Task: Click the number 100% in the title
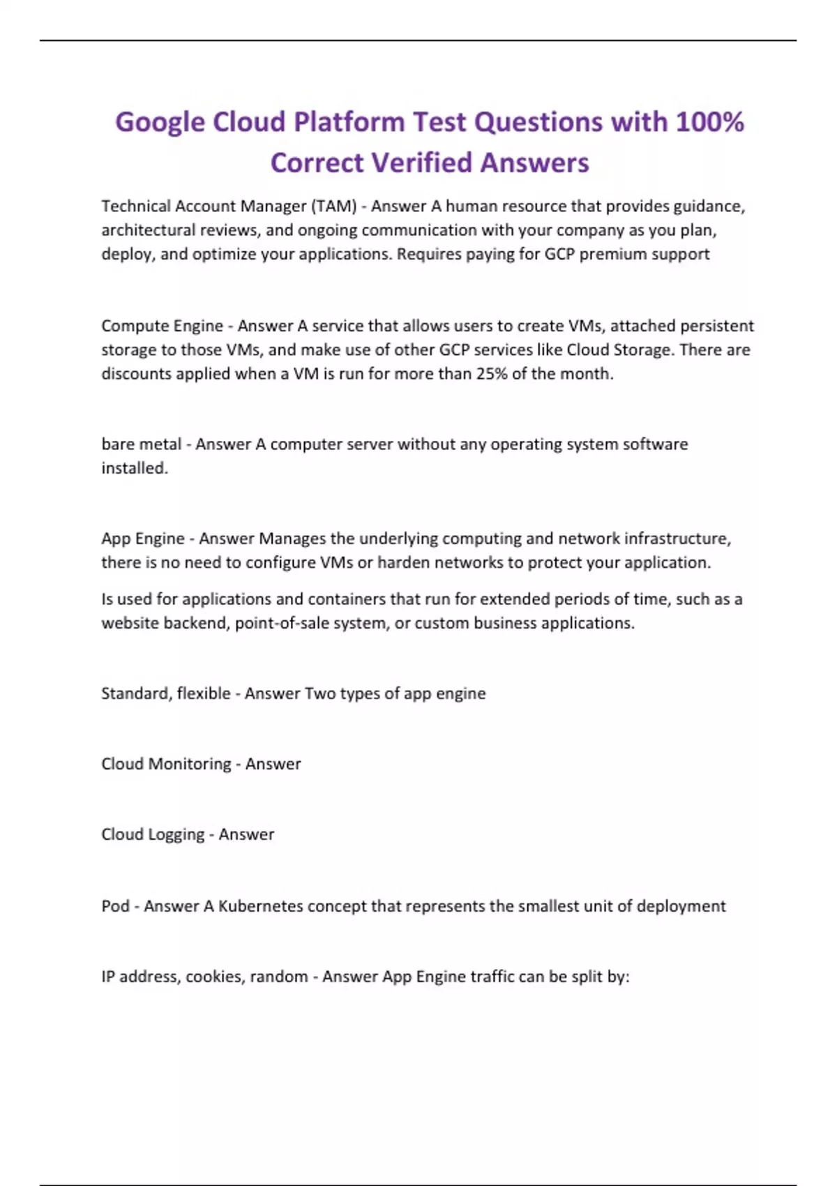[710, 122]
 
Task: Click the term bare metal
[142, 444]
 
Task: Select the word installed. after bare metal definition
[135, 468]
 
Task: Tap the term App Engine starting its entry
[143, 539]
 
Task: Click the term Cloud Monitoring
[166, 764]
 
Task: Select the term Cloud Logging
[153, 834]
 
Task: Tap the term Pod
[115, 906]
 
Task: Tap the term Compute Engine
[162, 326]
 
